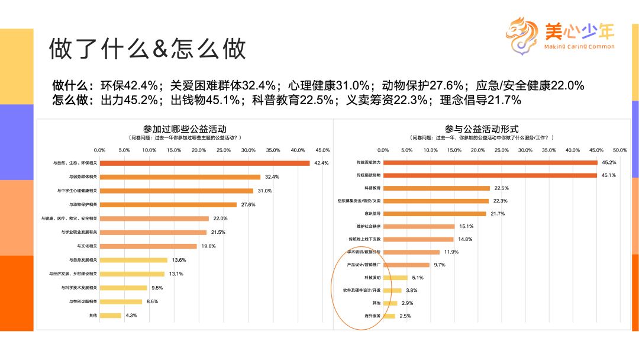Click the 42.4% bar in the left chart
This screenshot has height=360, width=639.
tap(205, 163)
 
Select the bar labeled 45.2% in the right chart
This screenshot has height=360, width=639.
tap(490, 162)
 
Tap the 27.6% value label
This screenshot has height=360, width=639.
tap(247, 204)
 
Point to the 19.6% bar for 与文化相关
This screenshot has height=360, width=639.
tap(149, 246)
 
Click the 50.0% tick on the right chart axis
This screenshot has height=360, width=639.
tap(619, 150)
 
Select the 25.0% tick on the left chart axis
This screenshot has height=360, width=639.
tap(224, 150)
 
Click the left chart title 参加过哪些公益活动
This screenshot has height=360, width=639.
tap(185, 128)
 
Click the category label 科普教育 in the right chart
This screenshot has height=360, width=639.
tap(372, 188)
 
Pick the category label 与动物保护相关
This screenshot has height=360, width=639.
tap(83, 204)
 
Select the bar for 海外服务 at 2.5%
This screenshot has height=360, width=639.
tap(389, 316)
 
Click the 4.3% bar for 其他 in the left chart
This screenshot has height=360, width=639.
tap(111, 315)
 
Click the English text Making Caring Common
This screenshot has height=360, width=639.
tap(578, 47)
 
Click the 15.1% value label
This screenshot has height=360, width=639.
tap(466, 226)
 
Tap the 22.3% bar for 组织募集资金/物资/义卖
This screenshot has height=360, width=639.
tap(436, 201)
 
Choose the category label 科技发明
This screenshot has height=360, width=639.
tap(372, 277)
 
